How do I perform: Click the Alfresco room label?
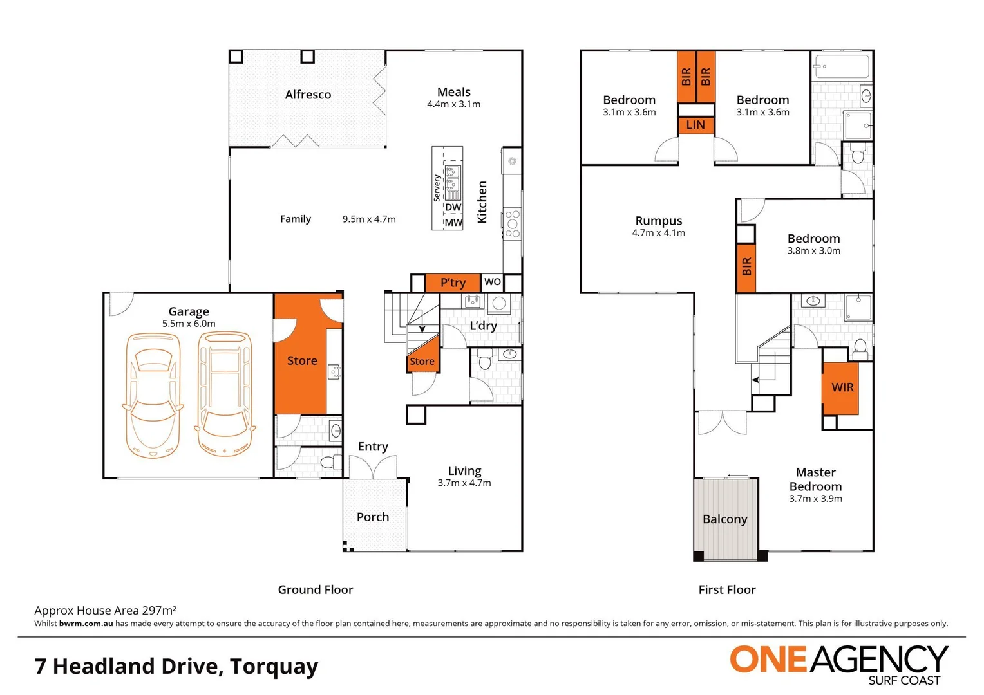pyautogui.click(x=308, y=95)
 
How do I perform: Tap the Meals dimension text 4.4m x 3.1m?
pyautogui.click(x=453, y=104)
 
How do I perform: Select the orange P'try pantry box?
pyautogui.click(x=453, y=283)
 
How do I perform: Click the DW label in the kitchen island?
pyautogui.click(x=453, y=207)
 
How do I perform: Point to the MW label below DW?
pyautogui.click(x=453, y=223)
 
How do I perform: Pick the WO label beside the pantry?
pyautogui.click(x=493, y=282)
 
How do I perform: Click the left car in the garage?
pyautogui.click(x=153, y=394)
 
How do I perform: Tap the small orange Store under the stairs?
pyautogui.click(x=422, y=361)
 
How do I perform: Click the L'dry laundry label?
pyautogui.click(x=483, y=326)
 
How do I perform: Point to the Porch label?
pyautogui.click(x=373, y=517)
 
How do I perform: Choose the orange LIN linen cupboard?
pyautogui.click(x=695, y=125)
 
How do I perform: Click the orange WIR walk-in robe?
pyautogui.click(x=842, y=387)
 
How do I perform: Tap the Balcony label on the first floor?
pyautogui.click(x=724, y=519)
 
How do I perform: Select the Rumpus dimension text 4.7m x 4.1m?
pyautogui.click(x=658, y=233)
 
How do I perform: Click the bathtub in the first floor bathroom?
pyautogui.click(x=841, y=66)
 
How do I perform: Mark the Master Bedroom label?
pyautogui.click(x=815, y=479)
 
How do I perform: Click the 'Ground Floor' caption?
pyautogui.click(x=316, y=589)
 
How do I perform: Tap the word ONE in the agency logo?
pyautogui.click(x=768, y=660)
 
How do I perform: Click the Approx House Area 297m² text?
pyautogui.click(x=106, y=610)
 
